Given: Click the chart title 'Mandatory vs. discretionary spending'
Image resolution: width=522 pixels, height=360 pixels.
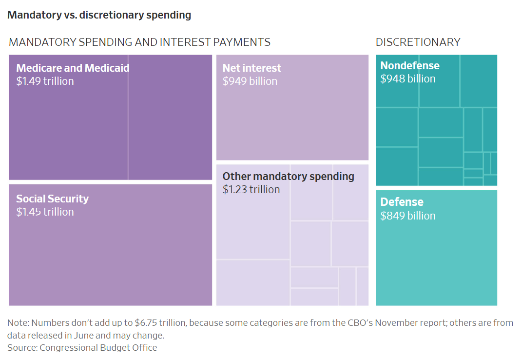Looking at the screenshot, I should (99, 15).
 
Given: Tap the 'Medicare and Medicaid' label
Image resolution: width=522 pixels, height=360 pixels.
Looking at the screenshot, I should (73, 68).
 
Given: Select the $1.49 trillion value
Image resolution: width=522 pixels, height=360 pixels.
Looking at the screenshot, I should (45, 81).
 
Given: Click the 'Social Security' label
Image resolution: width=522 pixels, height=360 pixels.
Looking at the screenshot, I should (52, 199).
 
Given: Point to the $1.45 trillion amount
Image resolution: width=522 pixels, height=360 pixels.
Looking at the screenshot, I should (45, 212).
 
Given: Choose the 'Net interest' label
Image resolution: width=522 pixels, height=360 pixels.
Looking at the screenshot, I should (252, 68).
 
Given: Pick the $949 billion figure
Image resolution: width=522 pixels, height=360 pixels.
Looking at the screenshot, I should (250, 81).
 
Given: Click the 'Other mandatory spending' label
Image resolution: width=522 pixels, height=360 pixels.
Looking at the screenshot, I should (288, 176).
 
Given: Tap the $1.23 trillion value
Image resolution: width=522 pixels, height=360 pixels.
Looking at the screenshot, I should (251, 189).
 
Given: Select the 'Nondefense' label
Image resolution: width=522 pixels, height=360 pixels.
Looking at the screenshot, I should (410, 65).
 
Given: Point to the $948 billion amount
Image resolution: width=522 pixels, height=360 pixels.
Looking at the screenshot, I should (408, 79).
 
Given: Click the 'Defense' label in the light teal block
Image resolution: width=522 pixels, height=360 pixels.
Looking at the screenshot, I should (402, 202).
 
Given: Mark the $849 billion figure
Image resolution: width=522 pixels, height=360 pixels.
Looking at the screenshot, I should (408, 216).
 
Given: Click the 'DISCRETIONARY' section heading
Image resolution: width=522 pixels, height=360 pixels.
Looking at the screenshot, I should (418, 42).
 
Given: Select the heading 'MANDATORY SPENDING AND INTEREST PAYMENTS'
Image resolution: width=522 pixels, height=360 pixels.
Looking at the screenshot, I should (139, 42).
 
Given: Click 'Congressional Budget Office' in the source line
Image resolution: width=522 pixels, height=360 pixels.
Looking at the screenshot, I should (98, 348).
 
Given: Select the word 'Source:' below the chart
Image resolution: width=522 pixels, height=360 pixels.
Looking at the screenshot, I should (22, 348).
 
